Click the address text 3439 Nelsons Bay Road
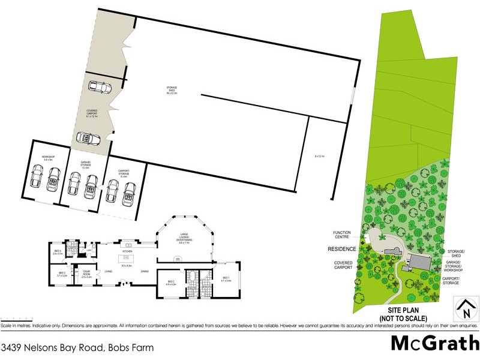77,347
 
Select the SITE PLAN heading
403,313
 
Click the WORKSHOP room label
48,158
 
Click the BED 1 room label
226,278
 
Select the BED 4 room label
58,253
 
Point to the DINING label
145,272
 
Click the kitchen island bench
127,245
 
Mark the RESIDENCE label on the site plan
343,249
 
